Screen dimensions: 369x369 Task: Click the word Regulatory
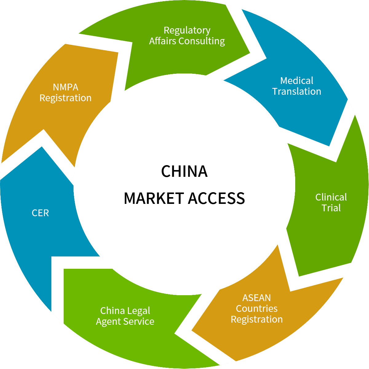coord(187,30)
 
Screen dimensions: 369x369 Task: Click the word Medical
coord(297,81)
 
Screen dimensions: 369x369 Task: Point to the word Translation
coord(297,91)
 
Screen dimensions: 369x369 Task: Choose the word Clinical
coord(331,197)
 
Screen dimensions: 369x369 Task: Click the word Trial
coord(331,208)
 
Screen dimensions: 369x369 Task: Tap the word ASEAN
coord(257,298)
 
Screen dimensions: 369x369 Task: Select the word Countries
coord(257,308)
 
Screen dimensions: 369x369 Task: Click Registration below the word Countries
coord(257,319)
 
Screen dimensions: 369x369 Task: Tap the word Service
coord(140,321)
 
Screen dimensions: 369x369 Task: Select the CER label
coord(40,213)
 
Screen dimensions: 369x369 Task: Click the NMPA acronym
coord(65,87)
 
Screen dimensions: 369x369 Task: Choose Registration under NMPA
coord(65,98)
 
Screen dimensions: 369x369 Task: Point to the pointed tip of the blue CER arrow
coord(42,147)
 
